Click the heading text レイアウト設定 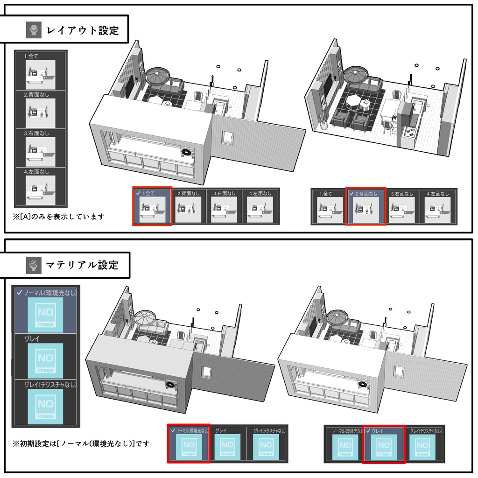pos(83,31)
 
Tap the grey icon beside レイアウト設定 pos(34,31)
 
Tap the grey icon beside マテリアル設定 pos(34,265)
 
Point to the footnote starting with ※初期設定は pos(82,443)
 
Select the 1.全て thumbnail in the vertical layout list pos(41,73)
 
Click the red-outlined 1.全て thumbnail pos(153,209)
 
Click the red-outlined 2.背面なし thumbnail pos(366,209)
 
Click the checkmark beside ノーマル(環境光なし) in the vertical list pos(19,293)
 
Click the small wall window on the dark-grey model pos(206,372)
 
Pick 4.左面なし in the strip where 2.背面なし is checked pos(437,209)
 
